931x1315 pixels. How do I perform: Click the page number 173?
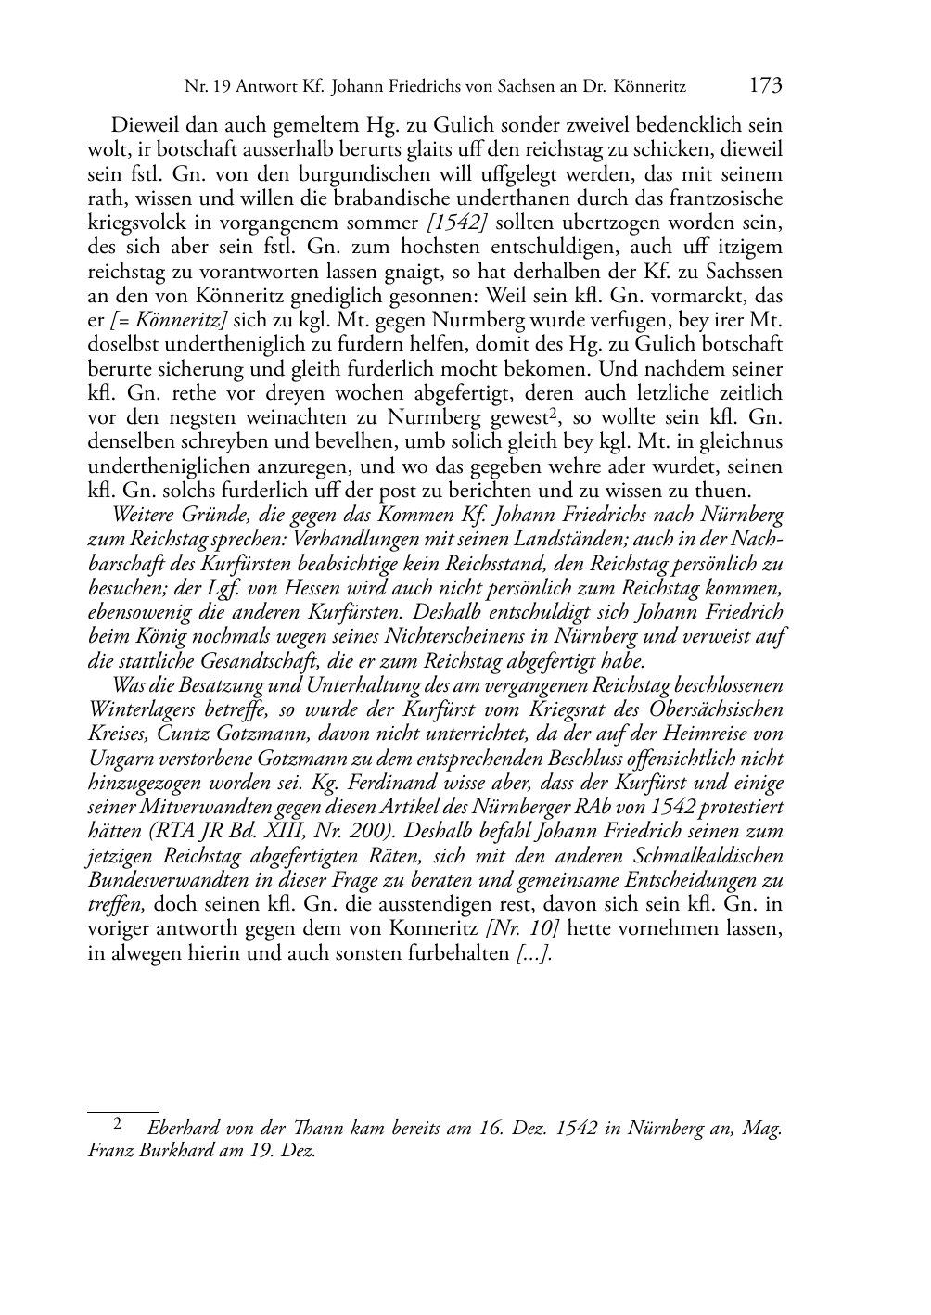click(x=765, y=87)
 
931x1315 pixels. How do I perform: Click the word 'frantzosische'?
click(x=723, y=198)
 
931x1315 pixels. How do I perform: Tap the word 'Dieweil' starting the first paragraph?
click(x=145, y=126)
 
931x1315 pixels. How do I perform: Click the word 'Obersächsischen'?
click(x=712, y=709)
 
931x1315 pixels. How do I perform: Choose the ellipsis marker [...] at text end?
click(x=534, y=952)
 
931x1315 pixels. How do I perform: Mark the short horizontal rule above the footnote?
click(x=122, y=1110)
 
